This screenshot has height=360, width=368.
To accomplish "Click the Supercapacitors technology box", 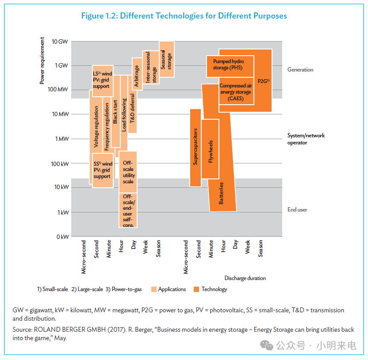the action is (195, 148).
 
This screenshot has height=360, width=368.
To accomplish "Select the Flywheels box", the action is (210, 149).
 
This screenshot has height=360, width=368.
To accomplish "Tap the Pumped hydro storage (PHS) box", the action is (230, 66).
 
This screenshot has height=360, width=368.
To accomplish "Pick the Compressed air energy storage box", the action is (236, 91).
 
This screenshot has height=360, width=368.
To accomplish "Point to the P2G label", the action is (264, 81).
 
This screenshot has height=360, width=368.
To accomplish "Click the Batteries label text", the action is (221, 193).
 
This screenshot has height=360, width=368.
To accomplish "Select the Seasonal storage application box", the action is (167, 59).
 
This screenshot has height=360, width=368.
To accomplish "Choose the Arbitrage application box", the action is (137, 74).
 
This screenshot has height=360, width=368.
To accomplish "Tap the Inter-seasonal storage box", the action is (151, 67).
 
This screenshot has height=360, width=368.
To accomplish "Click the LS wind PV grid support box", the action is (103, 81).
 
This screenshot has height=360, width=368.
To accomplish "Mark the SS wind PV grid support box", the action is (103, 171).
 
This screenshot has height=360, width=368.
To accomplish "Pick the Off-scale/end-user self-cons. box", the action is (128, 210).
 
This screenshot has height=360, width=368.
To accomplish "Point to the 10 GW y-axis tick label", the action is (60, 42).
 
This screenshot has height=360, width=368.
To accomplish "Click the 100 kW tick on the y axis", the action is (60, 164).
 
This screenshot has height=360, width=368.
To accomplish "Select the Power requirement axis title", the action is (42, 61).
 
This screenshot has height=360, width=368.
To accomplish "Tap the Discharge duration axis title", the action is (245, 278).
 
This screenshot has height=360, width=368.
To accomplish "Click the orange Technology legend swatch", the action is (196, 289).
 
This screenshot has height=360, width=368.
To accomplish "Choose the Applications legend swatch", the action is (154, 289).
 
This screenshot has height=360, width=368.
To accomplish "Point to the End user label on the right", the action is (297, 209).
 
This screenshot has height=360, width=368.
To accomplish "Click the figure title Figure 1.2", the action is (184, 16).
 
